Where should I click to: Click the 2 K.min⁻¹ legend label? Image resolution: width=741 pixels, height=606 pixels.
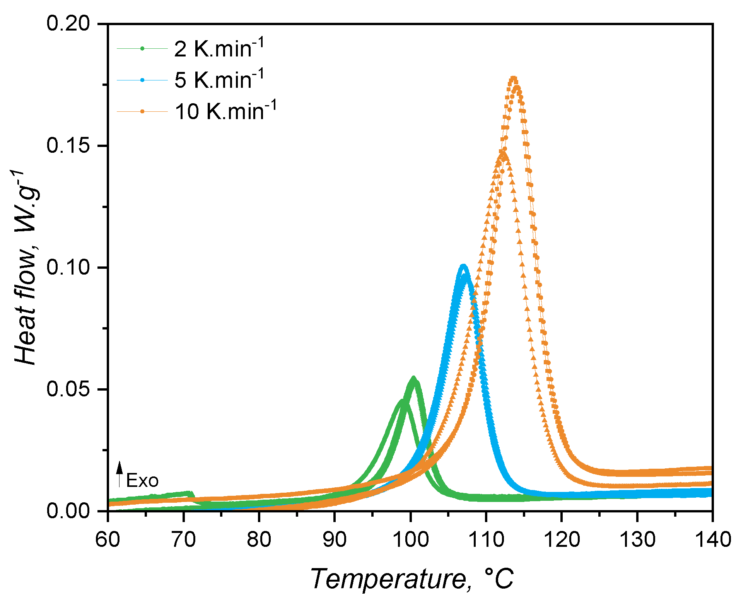click(219, 49)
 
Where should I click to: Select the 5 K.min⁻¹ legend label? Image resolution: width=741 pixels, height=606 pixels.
click(219, 80)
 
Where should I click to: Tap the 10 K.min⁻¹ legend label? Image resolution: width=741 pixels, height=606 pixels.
click(225, 112)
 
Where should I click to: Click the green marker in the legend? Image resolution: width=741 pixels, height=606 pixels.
click(142, 48)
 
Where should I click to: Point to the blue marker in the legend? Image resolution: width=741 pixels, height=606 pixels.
click(142, 80)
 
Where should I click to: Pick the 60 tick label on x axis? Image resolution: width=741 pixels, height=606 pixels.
click(108, 539)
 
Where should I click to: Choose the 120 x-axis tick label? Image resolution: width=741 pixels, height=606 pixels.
click(562, 539)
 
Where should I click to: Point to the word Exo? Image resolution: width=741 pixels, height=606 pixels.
click(142, 481)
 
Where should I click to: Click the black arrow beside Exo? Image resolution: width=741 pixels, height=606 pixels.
click(120, 474)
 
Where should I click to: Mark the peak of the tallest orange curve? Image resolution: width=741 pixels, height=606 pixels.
click(514, 79)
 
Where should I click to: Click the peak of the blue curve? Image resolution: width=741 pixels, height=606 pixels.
click(463, 266)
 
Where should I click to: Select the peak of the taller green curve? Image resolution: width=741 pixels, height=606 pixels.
click(413, 377)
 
